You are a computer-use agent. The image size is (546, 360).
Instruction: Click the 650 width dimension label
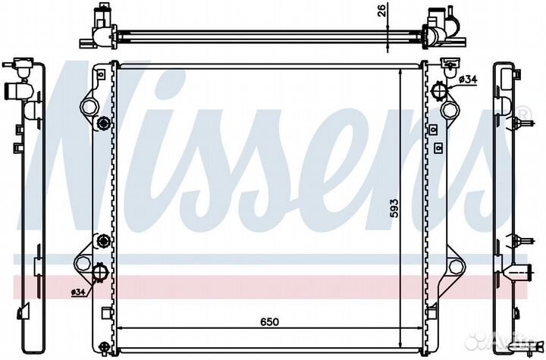coord(270,321)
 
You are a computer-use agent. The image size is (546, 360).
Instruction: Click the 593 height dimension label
coord(394,208)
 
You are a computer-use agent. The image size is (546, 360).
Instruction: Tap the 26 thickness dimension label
coord(382,11)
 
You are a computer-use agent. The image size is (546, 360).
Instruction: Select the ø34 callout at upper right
coord(468,80)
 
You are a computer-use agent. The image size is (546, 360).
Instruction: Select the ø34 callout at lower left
coord(78,293)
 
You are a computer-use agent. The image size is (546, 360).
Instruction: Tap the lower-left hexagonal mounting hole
coord(83,263)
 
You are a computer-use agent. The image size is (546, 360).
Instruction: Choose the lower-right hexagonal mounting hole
coord(456,267)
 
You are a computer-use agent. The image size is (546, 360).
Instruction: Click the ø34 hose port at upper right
coord(439,91)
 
